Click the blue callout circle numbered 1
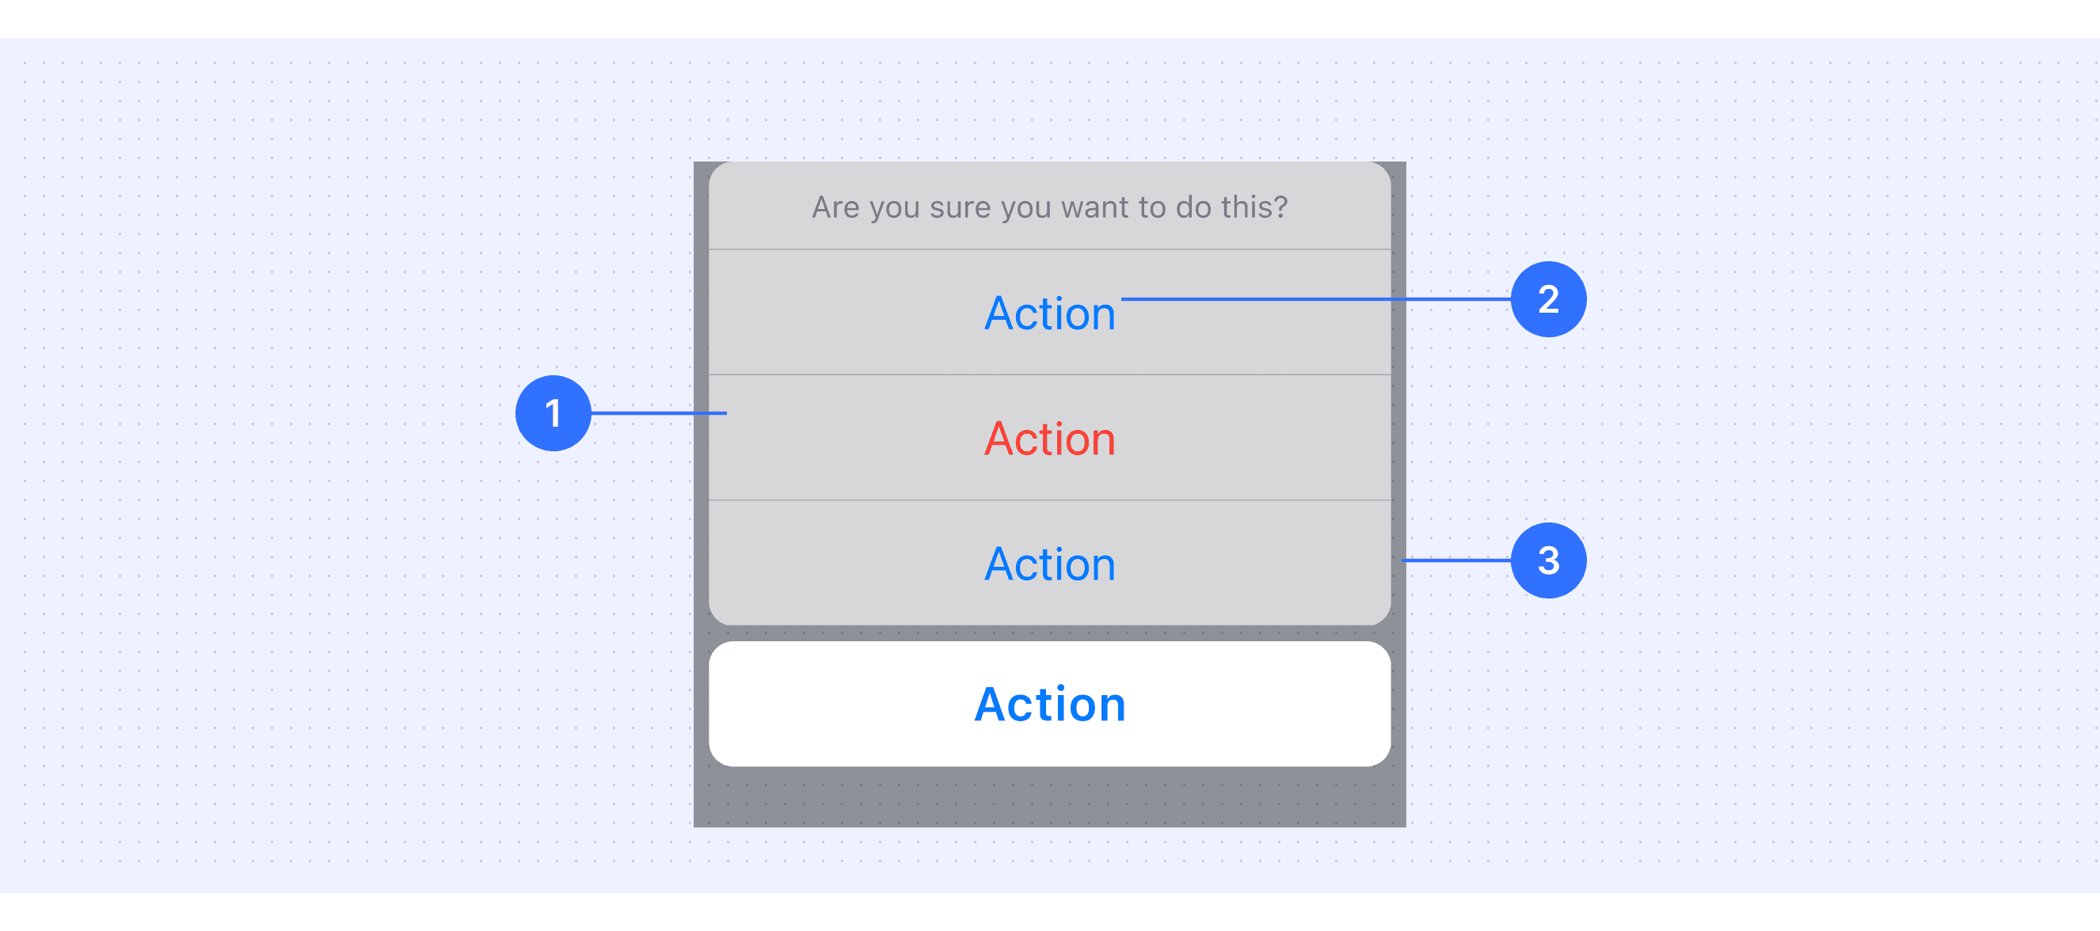tap(553, 413)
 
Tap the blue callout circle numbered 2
tap(1548, 299)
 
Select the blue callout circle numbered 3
tap(1548, 560)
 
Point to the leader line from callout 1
tap(659, 413)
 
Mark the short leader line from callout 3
tap(1456, 560)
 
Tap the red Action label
tap(1050, 439)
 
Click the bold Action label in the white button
tap(1050, 705)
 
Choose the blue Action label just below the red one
tap(1050, 564)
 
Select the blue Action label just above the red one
tap(1050, 313)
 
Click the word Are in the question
tap(835, 207)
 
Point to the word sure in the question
tap(961, 209)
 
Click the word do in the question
tap(1193, 207)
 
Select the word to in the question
tap(1154, 207)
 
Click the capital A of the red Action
tap(999, 439)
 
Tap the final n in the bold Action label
tap(1109, 706)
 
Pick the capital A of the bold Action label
tap(992, 705)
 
